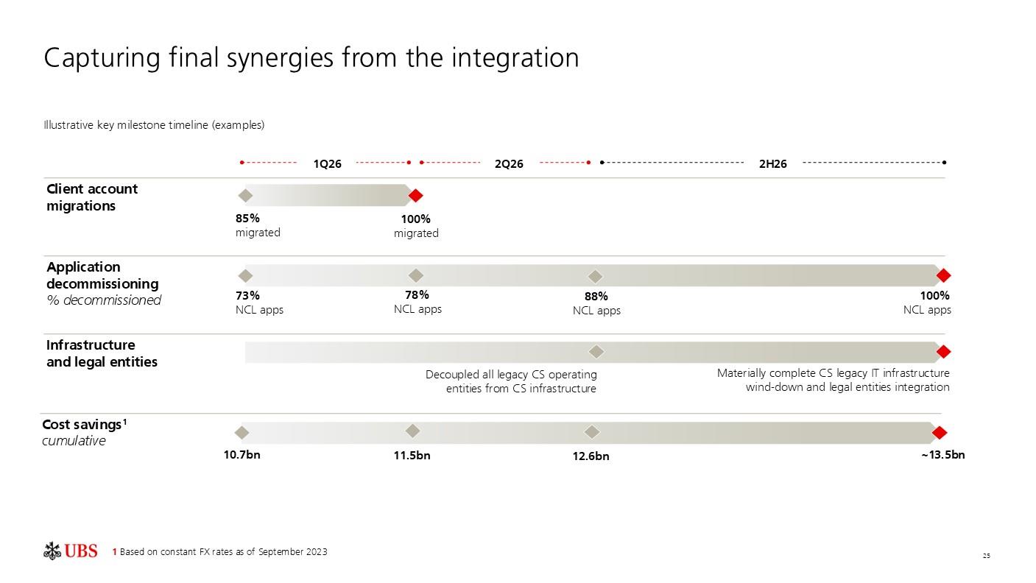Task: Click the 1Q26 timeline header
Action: point(327,163)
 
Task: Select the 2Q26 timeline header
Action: point(509,163)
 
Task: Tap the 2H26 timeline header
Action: point(773,163)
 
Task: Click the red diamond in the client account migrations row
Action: point(415,196)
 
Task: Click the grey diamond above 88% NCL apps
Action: point(595,277)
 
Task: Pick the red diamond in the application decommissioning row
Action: point(943,275)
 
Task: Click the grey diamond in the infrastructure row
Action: point(596,352)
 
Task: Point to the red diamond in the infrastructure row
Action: point(943,352)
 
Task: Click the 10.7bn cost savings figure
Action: point(242,454)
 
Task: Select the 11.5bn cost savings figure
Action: point(412,456)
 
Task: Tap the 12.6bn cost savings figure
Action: point(591,456)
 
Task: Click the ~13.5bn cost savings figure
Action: point(942,454)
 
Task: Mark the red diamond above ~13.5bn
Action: point(940,433)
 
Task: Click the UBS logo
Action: point(70,551)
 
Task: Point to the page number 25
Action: point(987,556)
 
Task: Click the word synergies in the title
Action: point(279,59)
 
